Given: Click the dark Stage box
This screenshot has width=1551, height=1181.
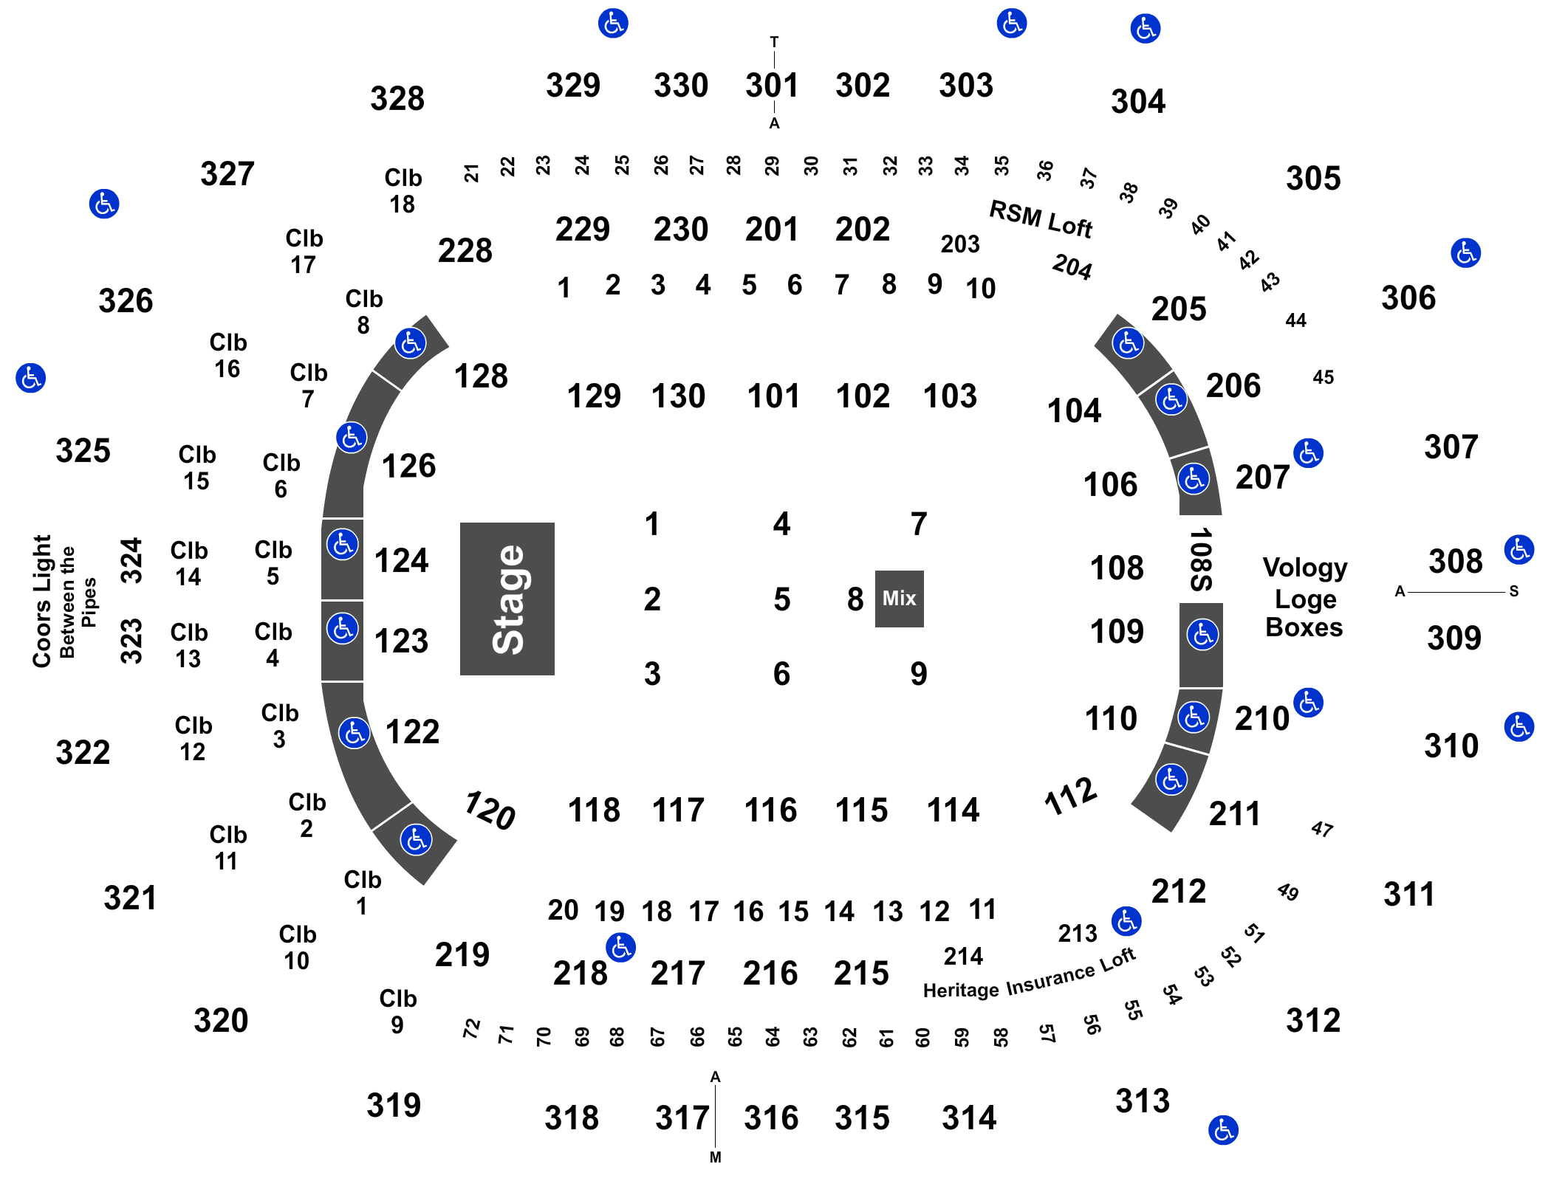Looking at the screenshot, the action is tap(507, 599).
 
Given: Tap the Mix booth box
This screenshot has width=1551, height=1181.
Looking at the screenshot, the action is tap(899, 599).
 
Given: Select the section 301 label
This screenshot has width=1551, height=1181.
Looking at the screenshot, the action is tap(772, 86).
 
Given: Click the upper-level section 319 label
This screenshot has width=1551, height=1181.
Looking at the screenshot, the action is tap(394, 1105).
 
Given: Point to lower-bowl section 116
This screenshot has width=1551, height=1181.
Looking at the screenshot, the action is tap(770, 810).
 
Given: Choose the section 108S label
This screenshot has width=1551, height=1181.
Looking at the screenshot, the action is tap(1201, 559).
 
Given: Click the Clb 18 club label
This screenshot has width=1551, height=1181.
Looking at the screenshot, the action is tap(403, 190).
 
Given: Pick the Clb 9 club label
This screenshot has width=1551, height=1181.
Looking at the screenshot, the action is tap(398, 1011).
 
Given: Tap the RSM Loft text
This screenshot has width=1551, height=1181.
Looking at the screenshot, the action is tap(1040, 219).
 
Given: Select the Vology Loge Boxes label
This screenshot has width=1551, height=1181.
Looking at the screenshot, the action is tap(1305, 597).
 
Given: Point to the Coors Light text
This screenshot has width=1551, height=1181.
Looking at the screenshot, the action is tap(42, 601).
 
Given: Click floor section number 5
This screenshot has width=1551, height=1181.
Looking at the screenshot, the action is tap(782, 599).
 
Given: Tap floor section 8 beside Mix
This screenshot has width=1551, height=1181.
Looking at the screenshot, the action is tap(855, 599).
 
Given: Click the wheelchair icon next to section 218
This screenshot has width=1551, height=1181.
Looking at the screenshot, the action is tap(620, 947).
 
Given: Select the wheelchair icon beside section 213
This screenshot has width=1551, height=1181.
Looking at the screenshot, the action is tap(1126, 921).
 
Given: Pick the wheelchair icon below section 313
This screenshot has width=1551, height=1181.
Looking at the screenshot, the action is tap(1223, 1130).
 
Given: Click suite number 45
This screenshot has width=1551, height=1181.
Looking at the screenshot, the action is tap(1324, 377).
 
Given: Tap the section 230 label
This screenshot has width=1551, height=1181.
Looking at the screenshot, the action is tap(681, 230).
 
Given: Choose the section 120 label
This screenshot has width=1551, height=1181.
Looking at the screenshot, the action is tap(489, 810).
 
